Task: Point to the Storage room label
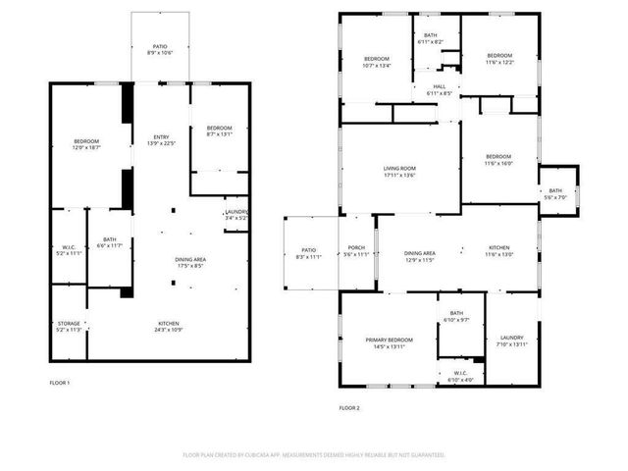click(69, 327)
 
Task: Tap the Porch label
click(357, 250)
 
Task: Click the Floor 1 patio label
click(159, 50)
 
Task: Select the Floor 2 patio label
click(309, 253)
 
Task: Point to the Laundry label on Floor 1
click(235, 215)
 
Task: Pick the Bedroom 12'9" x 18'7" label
click(86, 144)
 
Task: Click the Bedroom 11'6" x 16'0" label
click(498, 160)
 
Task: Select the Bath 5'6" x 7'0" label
click(555, 193)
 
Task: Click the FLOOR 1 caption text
click(60, 382)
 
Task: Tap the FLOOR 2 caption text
click(349, 407)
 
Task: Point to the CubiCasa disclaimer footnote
click(314, 455)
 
